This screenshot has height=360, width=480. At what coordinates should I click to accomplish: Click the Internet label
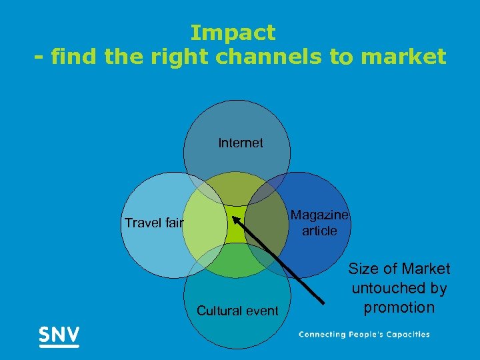point(240,143)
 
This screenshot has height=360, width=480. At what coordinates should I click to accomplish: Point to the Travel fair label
point(153,223)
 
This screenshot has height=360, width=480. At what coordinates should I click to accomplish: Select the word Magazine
point(319,215)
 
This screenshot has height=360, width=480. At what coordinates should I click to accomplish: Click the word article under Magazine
point(319,231)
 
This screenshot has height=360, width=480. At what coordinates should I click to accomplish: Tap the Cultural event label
point(237,311)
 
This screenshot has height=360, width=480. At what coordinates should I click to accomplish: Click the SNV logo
point(59,335)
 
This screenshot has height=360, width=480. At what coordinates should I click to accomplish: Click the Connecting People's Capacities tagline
point(364,335)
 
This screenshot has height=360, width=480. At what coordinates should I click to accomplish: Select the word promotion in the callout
point(399,307)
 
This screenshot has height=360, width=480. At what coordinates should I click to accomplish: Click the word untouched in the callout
point(399,288)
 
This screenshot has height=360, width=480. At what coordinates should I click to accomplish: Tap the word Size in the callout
point(363,269)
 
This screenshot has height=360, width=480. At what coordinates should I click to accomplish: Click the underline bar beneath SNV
point(59,346)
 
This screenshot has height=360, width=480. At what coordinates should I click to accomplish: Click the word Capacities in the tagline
point(405,335)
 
